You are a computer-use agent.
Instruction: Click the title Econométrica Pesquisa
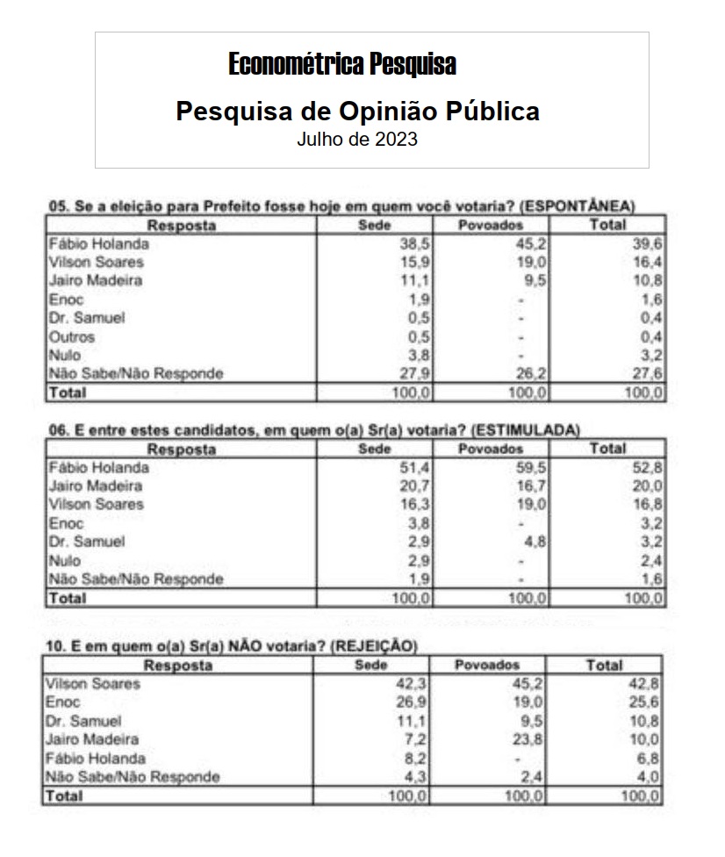[x=342, y=64]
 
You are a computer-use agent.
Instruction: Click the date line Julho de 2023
[x=356, y=139]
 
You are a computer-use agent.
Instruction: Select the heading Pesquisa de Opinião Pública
[x=357, y=112]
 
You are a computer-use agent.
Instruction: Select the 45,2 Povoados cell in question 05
[x=533, y=244]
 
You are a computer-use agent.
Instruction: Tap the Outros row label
[x=72, y=337]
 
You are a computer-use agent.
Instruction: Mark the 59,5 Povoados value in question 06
[x=533, y=468]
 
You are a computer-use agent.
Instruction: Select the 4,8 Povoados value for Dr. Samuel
[x=536, y=542]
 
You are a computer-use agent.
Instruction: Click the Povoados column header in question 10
[x=487, y=666]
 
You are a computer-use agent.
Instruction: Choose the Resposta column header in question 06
[x=181, y=450]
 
